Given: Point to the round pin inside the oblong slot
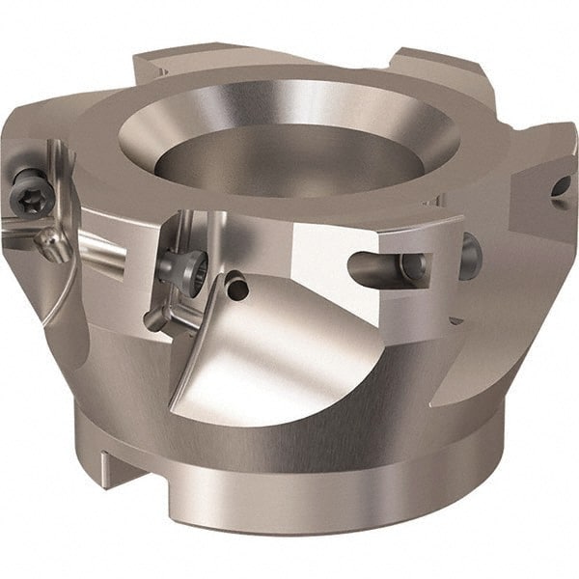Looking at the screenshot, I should pyautogui.click(x=412, y=265).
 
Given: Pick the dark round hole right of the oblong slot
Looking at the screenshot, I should pyautogui.click(x=470, y=256).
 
